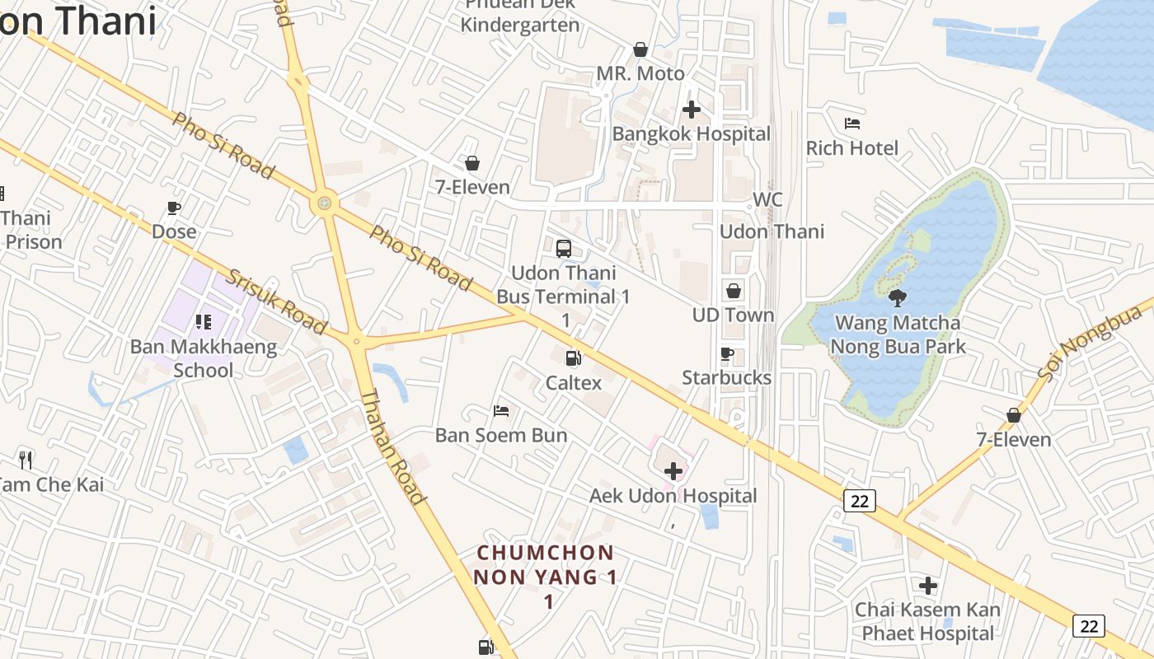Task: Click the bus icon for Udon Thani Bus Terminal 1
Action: [x=564, y=248]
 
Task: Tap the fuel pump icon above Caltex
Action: [x=573, y=358]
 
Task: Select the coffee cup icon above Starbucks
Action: [x=727, y=354]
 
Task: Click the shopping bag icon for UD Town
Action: [x=733, y=291]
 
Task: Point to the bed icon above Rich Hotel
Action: [x=852, y=124]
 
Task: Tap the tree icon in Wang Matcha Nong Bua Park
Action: [x=898, y=298]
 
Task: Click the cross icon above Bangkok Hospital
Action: [x=692, y=110]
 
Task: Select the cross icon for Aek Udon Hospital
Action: [x=673, y=471]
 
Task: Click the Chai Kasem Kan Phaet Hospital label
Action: [x=927, y=621]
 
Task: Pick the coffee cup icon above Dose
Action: [x=174, y=208]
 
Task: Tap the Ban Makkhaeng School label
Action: [x=203, y=358]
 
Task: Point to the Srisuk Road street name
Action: [x=277, y=301]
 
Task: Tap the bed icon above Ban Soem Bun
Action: [x=501, y=410]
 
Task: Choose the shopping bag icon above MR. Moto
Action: [x=640, y=50]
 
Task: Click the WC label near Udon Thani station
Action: [x=767, y=200]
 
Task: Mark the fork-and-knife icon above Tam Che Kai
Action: [x=26, y=460]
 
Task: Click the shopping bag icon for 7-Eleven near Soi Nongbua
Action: [x=1014, y=415]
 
